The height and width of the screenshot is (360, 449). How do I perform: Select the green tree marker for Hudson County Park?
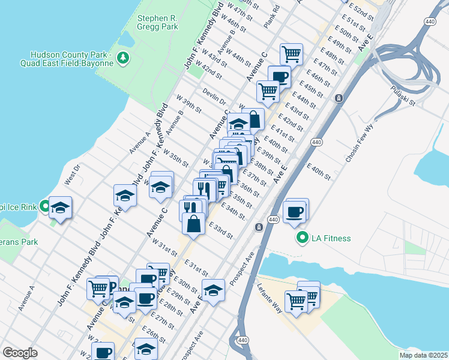point(124,58)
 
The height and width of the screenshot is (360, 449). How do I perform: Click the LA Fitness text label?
point(331,239)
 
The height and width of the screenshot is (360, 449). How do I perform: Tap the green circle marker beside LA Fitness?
point(303,239)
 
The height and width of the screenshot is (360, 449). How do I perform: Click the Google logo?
point(20,353)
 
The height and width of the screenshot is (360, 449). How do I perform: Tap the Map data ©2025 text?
point(423,355)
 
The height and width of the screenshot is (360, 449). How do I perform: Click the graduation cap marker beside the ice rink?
point(59,208)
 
